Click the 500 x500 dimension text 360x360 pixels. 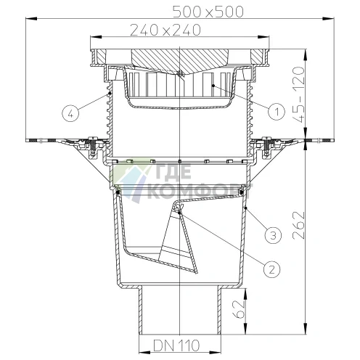pyautogui.click(x=208, y=12)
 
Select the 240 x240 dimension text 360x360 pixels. pyautogui.click(x=165, y=30)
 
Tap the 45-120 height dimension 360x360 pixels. pyautogui.click(x=298, y=94)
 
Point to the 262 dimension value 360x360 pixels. pyautogui.click(x=298, y=225)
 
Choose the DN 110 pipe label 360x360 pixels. pyautogui.click(x=176, y=345)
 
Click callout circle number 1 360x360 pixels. pyautogui.click(x=277, y=112)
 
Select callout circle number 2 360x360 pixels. pyautogui.click(x=271, y=269)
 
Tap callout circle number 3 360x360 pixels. pyautogui.click(x=273, y=235)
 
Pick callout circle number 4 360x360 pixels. pyautogui.click(x=70, y=113)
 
